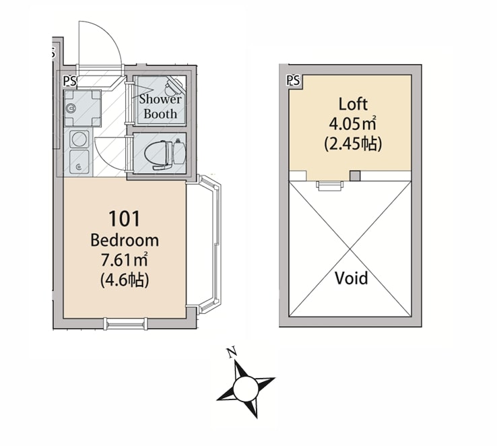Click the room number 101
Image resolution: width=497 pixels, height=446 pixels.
coord(125,219)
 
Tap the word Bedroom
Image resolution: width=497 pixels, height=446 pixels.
coord(125,240)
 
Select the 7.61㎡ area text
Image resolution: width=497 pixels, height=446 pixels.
coord(125,260)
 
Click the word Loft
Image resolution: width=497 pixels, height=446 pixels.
coord(352,104)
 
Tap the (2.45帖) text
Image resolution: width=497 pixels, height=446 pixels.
coord(352,143)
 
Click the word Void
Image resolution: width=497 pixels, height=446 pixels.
coord(352,278)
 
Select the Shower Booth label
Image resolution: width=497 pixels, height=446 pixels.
coord(160,106)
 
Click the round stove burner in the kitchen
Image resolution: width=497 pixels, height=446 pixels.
coord(79,139)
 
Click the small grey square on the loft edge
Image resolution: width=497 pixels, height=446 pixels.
coord(356,177)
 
